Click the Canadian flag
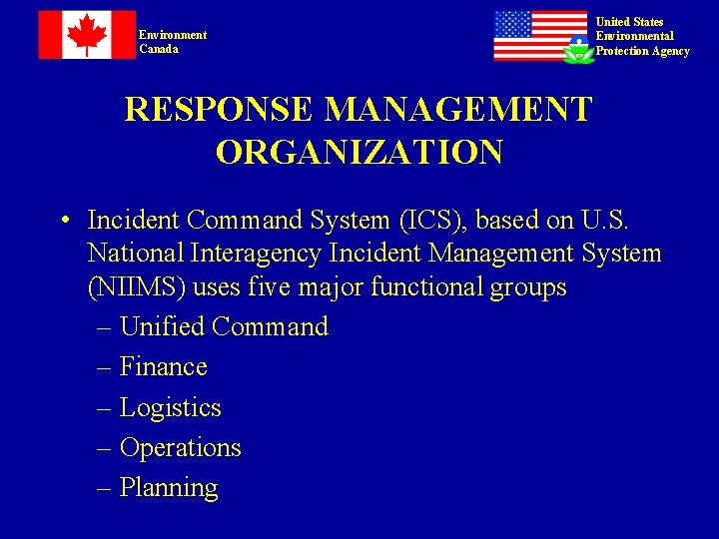[87, 35]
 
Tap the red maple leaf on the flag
[87, 34]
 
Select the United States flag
[540, 36]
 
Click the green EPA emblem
[578, 50]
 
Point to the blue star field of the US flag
[513, 24]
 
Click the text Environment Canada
[173, 42]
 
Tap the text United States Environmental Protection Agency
[642, 36]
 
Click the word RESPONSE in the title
[219, 110]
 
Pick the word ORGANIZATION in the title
[359, 153]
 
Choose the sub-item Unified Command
[224, 327]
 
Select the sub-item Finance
[163, 367]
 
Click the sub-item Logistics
[170, 408]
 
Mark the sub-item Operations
[180, 448]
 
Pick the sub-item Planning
[169, 488]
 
